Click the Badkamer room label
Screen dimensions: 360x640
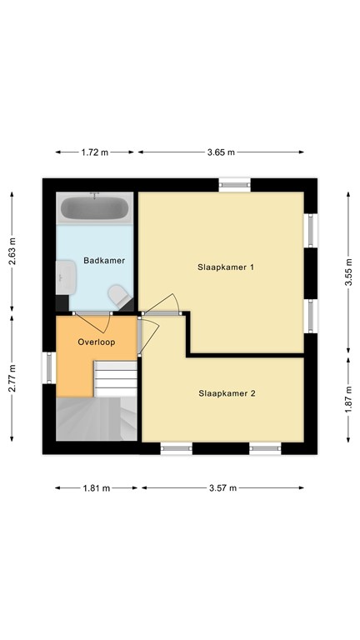click(104, 260)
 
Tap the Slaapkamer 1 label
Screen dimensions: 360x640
click(226, 267)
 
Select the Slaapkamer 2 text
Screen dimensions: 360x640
click(227, 393)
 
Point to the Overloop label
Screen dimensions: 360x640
click(97, 342)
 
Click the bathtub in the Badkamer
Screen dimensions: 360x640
click(95, 207)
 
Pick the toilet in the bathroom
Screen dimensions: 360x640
click(120, 295)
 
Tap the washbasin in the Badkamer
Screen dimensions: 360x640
click(66, 277)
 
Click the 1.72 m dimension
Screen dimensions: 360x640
click(95, 152)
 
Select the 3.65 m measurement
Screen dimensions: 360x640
click(221, 152)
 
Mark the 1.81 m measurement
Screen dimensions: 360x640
click(96, 488)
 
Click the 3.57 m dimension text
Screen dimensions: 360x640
click(222, 488)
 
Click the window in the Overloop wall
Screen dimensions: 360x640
click(49, 367)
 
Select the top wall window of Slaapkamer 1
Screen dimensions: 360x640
click(235, 185)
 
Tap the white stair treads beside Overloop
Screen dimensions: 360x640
click(116, 378)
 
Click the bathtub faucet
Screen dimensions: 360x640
click(95, 196)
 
